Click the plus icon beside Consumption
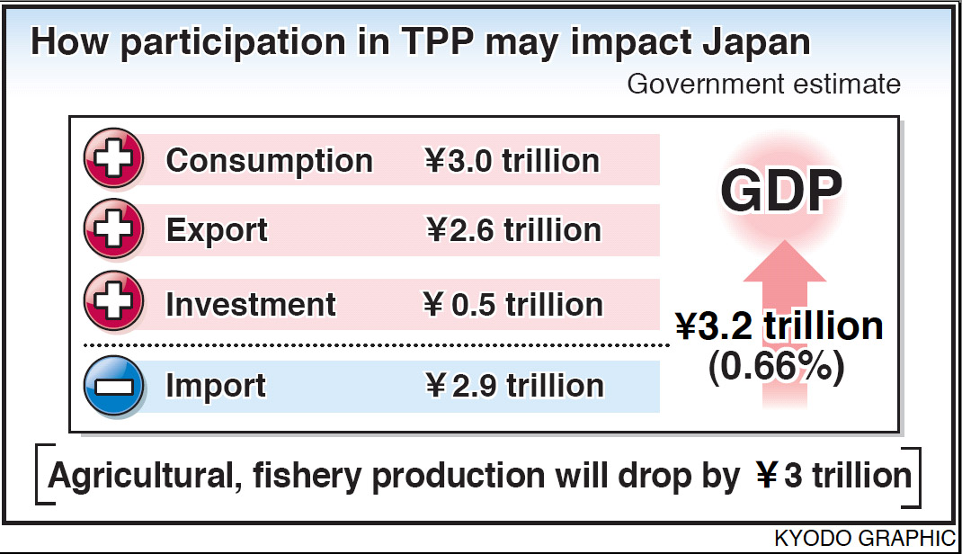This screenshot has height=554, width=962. (x=113, y=160)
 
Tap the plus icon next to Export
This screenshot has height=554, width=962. (x=113, y=229)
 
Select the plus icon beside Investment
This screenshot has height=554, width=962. (x=113, y=303)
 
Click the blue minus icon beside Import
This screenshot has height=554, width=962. (x=113, y=386)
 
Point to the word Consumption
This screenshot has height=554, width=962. (x=269, y=161)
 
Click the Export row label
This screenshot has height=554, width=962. (x=217, y=230)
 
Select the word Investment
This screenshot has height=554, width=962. (x=251, y=304)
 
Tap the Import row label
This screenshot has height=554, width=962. (x=216, y=386)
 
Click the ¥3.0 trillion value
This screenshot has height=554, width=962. (x=512, y=161)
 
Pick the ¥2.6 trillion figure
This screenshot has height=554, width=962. (x=513, y=230)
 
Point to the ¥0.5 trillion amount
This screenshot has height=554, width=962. (x=512, y=304)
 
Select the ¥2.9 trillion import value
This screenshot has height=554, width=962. (x=513, y=386)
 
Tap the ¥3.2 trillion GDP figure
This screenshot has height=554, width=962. (x=779, y=326)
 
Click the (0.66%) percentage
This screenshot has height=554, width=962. (x=777, y=369)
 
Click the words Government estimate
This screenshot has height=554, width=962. (x=763, y=84)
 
